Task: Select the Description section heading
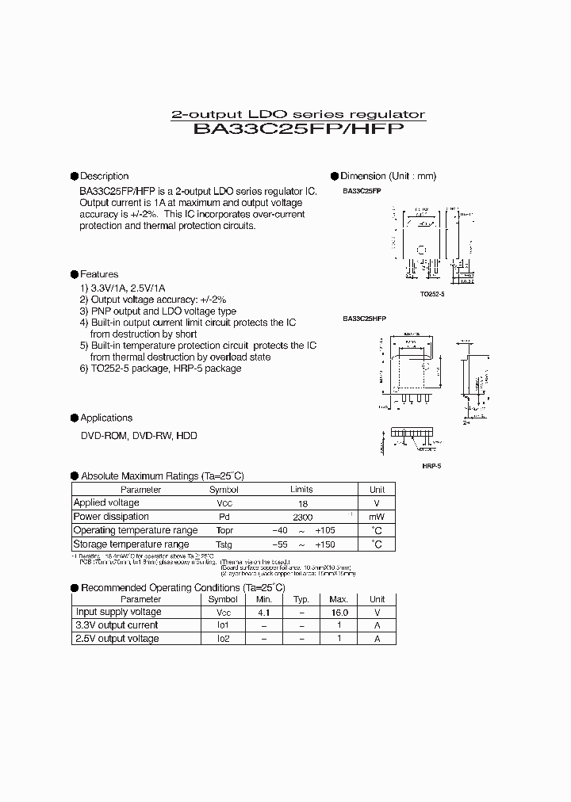(104, 176)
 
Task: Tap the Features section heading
(99, 274)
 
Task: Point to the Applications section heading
(106, 418)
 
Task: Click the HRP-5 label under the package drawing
(431, 465)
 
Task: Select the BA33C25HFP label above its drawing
(365, 319)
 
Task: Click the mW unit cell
(377, 517)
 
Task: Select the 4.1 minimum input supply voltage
(263, 612)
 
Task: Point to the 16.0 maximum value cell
(339, 612)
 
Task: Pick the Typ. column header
(301, 599)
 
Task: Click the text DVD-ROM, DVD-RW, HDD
(139, 436)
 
